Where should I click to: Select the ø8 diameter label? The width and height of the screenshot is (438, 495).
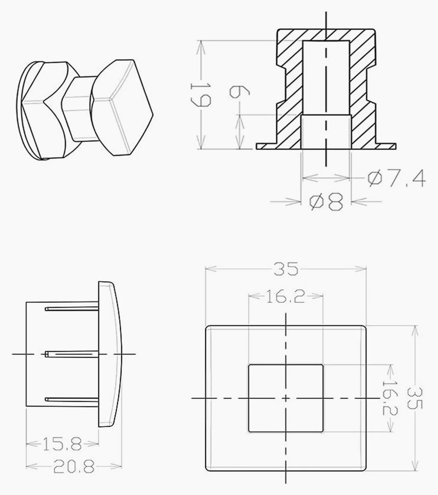[x=326, y=202]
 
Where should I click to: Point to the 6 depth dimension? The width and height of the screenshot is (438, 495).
[x=240, y=92]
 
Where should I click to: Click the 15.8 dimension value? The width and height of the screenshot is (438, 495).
[x=62, y=445]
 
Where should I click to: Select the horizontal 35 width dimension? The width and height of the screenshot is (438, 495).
[x=286, y=269]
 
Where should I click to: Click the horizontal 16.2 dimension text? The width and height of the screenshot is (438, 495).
[x=285, y=297]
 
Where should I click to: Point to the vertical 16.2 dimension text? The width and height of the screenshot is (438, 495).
[x=390, y=398]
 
